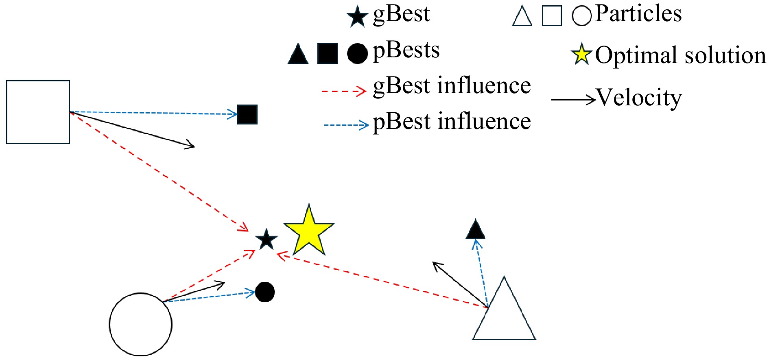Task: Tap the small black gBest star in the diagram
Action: pos(267,240)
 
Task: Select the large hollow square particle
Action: pos(38,112)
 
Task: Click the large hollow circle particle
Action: pos(140,324)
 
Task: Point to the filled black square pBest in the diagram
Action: pos(247,114)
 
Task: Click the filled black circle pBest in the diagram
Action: pos(265,292)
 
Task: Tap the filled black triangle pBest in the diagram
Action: pos(475,230)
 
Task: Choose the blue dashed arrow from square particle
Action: pos(155,113)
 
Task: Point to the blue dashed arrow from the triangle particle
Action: pos(482,273)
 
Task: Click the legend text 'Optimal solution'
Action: pos(680,55)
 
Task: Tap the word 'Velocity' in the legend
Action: pos(639,98)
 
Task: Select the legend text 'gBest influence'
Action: pos(452,86)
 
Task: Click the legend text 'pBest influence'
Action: pos(452,122)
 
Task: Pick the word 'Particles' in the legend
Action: pos(638,14)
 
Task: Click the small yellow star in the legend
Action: pos(581,55)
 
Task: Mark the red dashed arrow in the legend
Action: pos(344,91)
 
